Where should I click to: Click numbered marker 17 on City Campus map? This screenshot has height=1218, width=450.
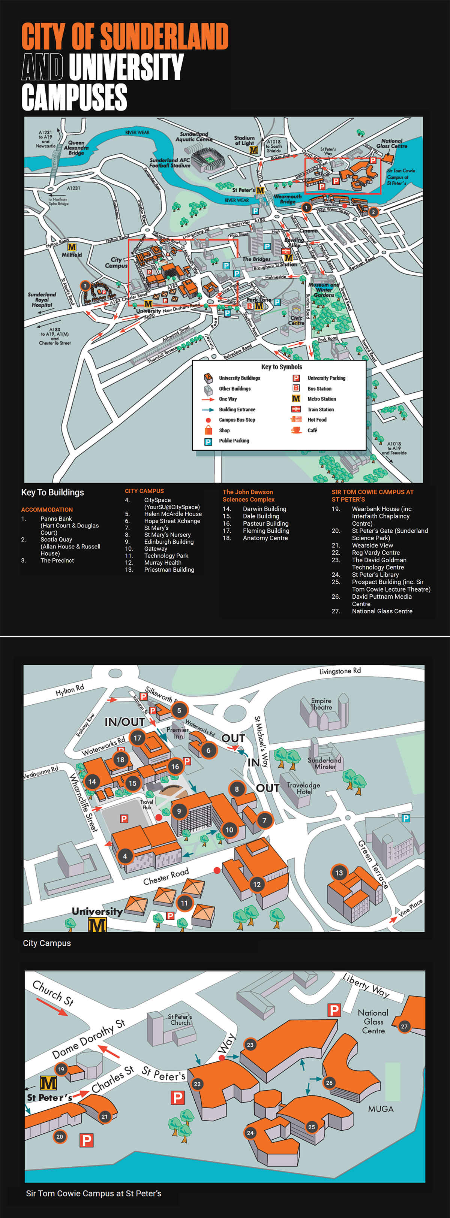[x=137, y=738]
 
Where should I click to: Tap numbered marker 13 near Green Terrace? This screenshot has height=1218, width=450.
[x=339, y=873]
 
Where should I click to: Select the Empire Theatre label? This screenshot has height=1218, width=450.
[x=321, y=704]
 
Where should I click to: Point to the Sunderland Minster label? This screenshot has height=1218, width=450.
[x=325, y=763]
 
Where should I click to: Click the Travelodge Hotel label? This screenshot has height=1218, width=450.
[x=303, y=788]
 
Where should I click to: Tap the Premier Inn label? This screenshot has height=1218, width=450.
[x=177, y=733]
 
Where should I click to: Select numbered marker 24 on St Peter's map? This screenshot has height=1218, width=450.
[x=250, y=1133]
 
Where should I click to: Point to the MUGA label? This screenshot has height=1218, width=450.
[x=381, y=1109]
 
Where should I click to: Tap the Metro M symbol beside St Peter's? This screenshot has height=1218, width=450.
[x=48, y=1082]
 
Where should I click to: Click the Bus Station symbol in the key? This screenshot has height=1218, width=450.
[x=296, y=388]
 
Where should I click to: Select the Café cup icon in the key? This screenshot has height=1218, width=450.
[x=296, y=430]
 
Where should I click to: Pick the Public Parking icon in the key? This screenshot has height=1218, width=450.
[x=208, y=441]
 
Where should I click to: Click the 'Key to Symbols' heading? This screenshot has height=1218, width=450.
[x=282, y=367]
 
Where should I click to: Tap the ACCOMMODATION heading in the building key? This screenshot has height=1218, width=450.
[x=47, y=509]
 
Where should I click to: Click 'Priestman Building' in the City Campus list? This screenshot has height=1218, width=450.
[x=169, y=570]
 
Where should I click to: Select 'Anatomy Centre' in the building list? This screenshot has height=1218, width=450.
[x=265, y=538]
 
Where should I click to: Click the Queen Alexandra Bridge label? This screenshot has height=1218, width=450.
[x=76, y=148]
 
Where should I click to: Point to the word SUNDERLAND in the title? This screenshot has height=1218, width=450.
[x=164, y=37]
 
